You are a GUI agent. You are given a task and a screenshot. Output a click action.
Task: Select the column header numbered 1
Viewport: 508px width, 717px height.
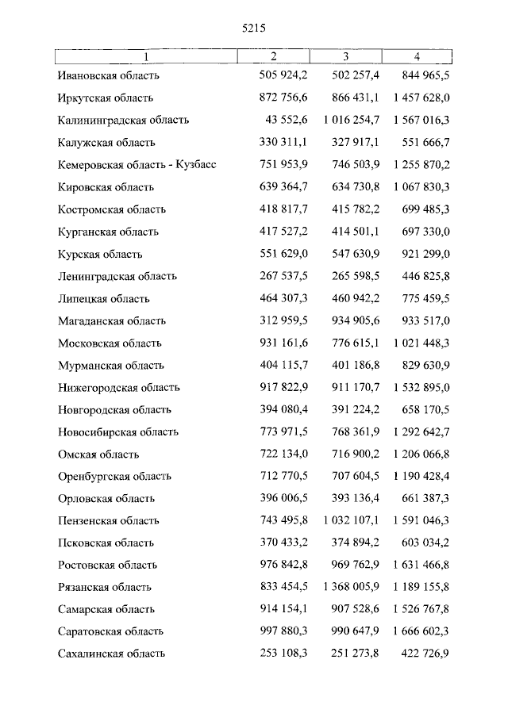[x=146, y=56]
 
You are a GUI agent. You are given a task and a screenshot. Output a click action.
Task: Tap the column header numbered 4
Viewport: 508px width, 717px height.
[x=417, y=56]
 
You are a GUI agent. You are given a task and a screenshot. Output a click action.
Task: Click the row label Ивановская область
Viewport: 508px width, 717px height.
[x=109, y=76]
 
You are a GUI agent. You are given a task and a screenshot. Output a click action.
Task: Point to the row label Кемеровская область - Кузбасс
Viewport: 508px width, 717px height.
[x=137, y=165]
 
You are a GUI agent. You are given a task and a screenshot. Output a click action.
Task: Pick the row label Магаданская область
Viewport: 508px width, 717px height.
[x=112, y=321]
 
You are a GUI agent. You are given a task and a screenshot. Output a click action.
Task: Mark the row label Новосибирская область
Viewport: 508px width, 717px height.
[x=118, y=432]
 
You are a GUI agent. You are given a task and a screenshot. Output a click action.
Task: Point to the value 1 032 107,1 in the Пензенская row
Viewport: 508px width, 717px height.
[x=346, y=521]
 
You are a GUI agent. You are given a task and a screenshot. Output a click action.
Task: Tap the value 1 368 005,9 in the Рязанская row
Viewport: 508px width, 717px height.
[x=346, y=588]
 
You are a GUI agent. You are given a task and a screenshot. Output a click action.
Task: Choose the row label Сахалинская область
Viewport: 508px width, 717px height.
[x=112, y=654]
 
